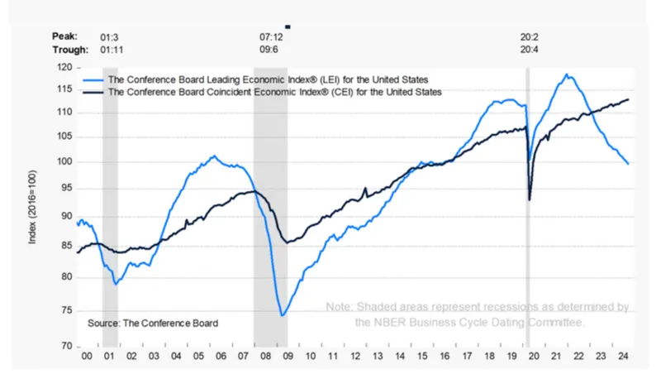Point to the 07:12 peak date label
pyautogui.click(x=272, y=36)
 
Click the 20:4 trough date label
pyautogui.click(x=530, y=49)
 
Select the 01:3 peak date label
pyautogui.click(x=111, y=36)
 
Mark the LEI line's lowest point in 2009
pyautogui.click(x=282, y=315)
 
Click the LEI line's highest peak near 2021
pyautogui.click(x=566, y=74)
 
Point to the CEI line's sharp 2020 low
pyautogui.click(x=530, y=199)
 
